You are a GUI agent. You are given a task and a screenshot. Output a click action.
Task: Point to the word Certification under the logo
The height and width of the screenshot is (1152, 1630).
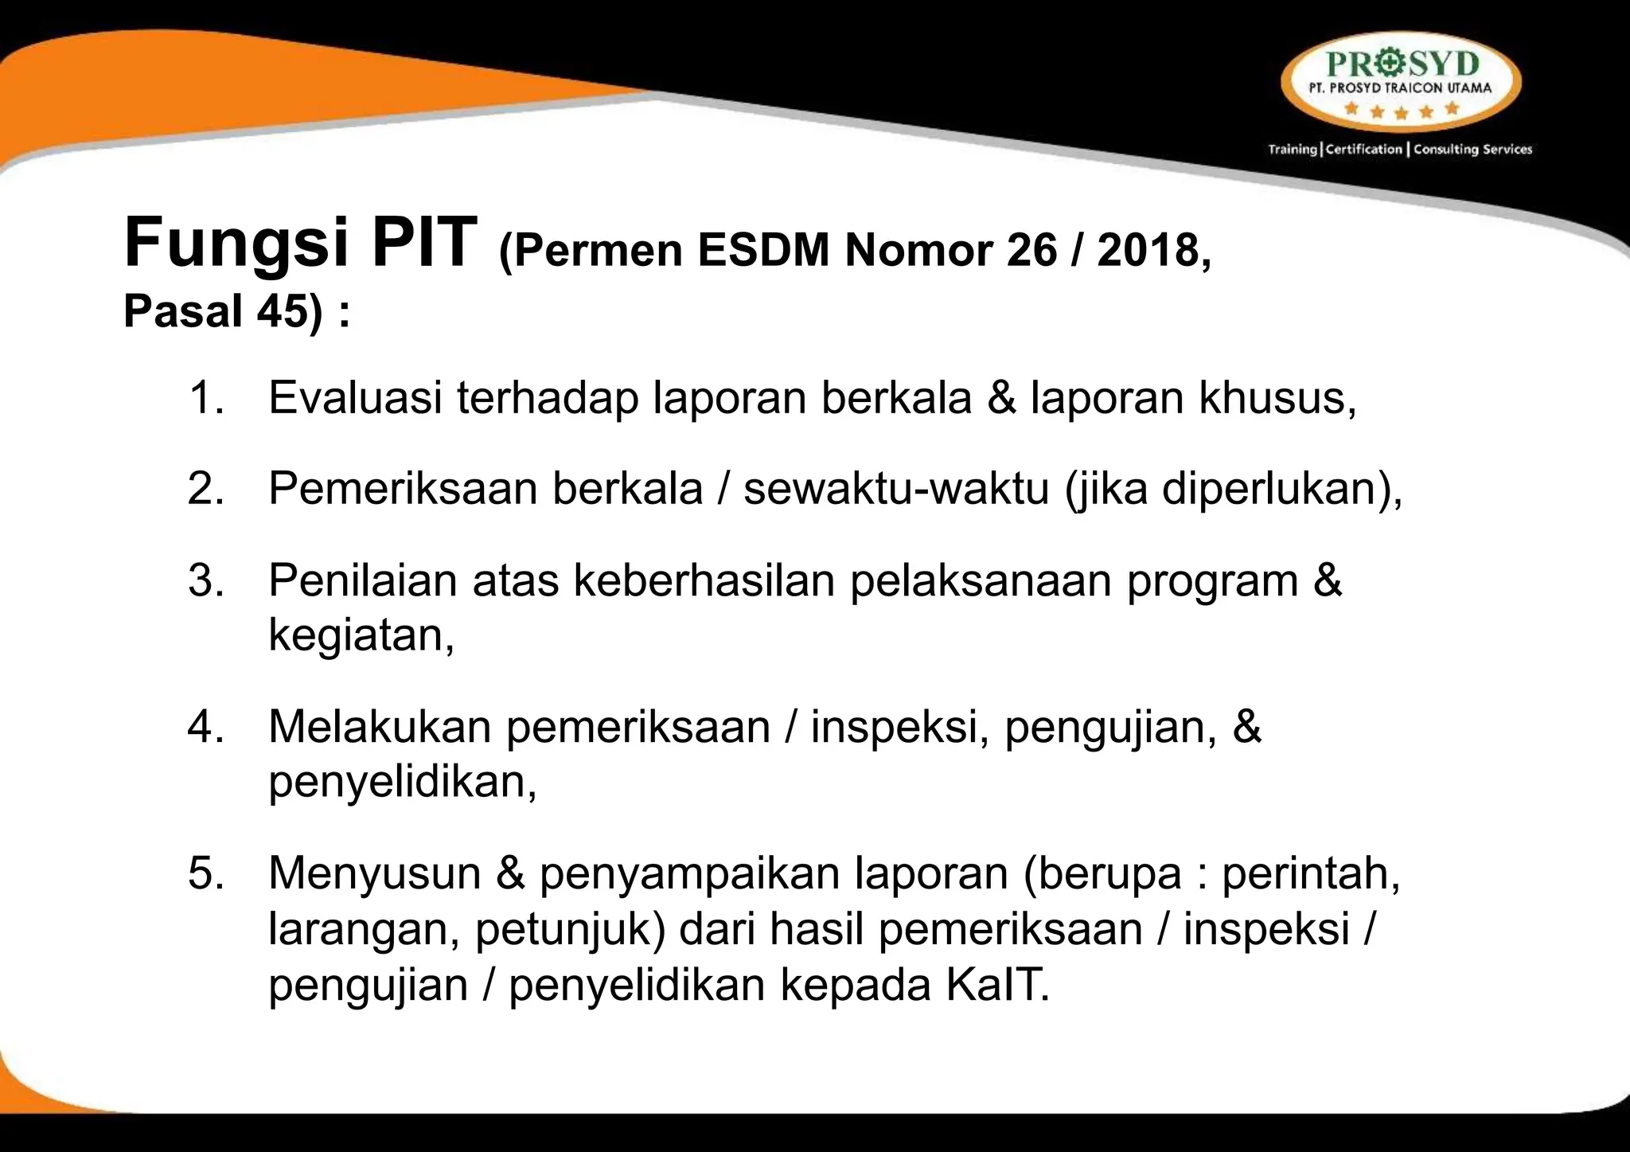(1364, 149)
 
